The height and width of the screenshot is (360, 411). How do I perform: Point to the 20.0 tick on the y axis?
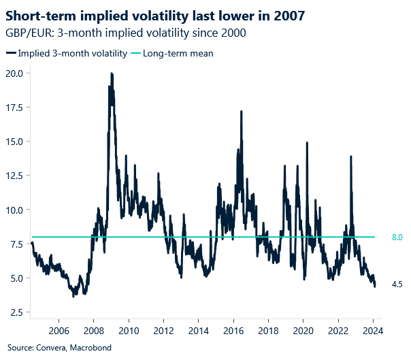point(14,73)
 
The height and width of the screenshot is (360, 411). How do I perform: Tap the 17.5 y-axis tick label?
point(14,107)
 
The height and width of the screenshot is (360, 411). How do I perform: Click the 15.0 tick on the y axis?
point(14,141)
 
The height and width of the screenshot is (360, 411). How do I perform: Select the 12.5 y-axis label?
point(14,175)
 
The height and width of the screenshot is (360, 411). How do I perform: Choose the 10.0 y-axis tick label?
point(14,210)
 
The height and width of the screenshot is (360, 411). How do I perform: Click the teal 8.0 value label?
point(397,238)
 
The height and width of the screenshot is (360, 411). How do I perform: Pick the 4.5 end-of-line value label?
point(397,284)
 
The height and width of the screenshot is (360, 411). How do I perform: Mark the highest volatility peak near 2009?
point(111,73)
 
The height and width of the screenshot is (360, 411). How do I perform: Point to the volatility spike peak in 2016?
point(241,112)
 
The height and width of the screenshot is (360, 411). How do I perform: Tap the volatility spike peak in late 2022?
point(350,157)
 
